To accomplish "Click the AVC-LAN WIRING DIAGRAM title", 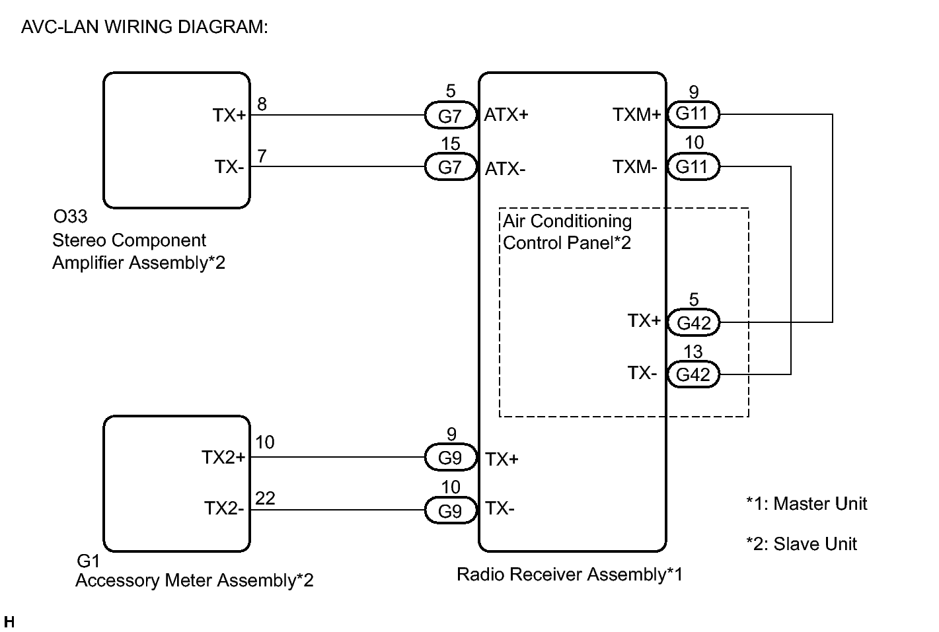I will pyautogui.click(x=144, y=28).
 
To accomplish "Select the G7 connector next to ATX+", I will pyautogui.click(x=450, y=116).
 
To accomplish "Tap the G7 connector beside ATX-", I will pyautogui.click(x=450, y=167).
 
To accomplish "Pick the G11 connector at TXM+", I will pyautogui.click(x=693, y=114).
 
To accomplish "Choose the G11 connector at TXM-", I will pyautogui.click(x=693, y=166).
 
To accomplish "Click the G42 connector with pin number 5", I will pyautogui.click(x=693, y=323).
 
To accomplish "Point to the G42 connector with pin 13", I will pyautogui.click(x=693, y=374).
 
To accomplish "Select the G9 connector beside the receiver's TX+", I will pyautogui.click(x=450, y=458).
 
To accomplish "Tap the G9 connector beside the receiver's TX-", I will pyautogui.click(x=450, y=510).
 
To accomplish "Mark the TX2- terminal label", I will pyautogui.click(x=224, y=509).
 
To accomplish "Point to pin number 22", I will pyautogui.click(x=265, y=499).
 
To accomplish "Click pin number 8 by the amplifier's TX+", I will pyautogui.click(x=262, y=104).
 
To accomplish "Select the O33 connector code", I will pyautogui.click(x=69, y=217).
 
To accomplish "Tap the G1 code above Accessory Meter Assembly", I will pyautogui.click(x=88, y=561).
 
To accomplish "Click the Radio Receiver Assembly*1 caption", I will pyautogui.click(x=570, y=575).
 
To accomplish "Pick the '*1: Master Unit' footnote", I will pyautogui.click(x=806, y=504).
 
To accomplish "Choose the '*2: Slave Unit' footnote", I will pyautogui.click(x=801, y=544).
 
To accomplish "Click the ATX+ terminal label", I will pyautogui.click(x=507, y=115).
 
